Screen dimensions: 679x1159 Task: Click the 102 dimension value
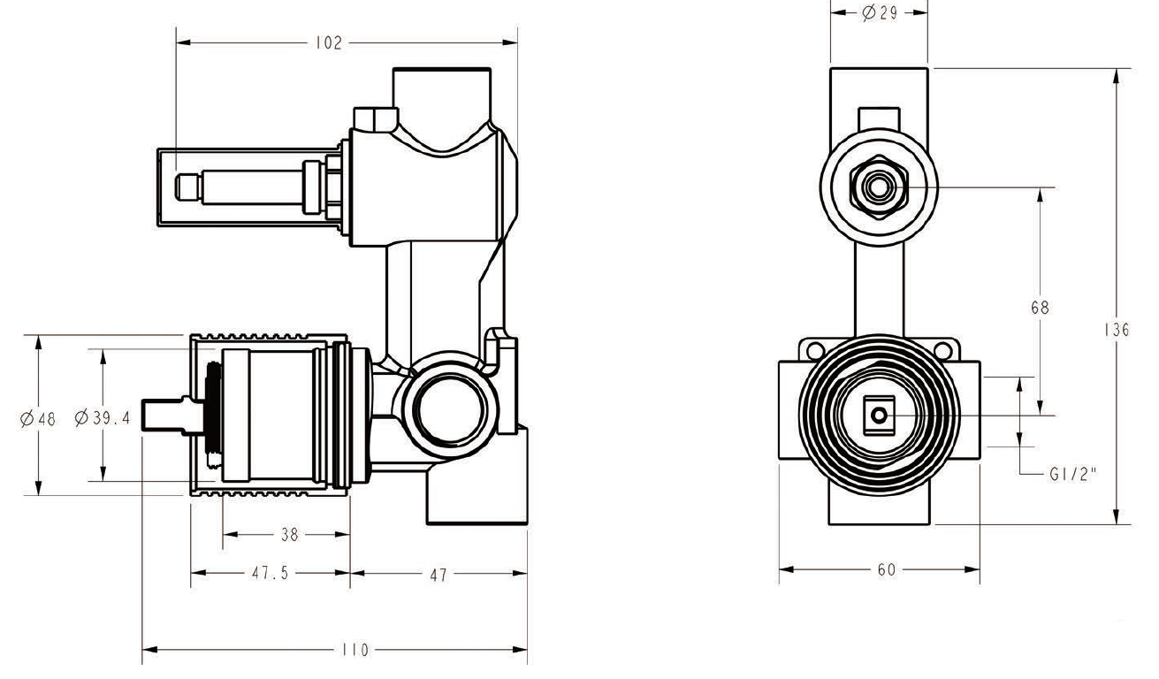[x=328, y=43]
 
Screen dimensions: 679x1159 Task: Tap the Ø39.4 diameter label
[x=103, y=418]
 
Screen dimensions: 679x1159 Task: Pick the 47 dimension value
[x=438, y=575]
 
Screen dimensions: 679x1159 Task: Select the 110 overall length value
[x=355, y=651]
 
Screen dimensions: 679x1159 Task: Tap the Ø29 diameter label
[x=881, y=14]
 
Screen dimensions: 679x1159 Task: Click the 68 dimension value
[x=1041, y=308]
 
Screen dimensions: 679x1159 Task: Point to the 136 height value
[x=1117, y=330]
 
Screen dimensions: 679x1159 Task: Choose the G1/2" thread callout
[x=1072, y=474]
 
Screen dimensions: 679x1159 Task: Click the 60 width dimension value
[x=887, y=570]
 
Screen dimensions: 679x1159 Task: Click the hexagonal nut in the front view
[x=878, y=187]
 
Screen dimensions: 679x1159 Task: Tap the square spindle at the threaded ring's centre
[x=878, y=415]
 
